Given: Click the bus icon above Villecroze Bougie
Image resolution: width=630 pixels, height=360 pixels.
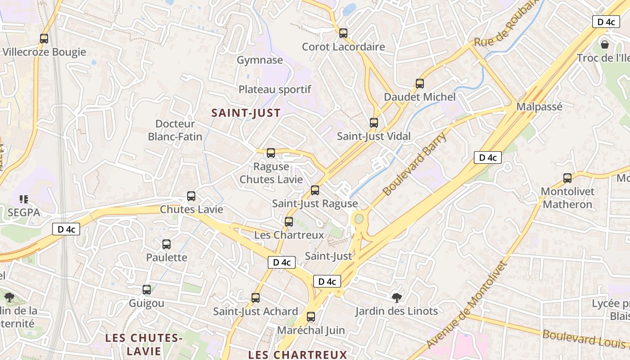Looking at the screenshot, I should point(44,39).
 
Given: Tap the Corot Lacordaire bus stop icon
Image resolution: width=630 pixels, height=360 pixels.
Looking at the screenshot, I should point(343,33).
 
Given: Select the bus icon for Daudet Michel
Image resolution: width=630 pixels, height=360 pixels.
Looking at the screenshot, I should point(420,84).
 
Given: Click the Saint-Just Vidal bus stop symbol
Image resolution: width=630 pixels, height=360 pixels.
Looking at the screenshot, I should point(373,123).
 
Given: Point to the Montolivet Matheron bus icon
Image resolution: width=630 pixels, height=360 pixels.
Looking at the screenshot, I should point(567,178).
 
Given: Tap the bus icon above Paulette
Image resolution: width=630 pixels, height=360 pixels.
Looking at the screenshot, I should point(166,244).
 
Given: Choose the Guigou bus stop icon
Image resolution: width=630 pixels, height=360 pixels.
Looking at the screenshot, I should point(147,290).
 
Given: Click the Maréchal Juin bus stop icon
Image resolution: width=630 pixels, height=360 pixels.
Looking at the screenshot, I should point(311,317).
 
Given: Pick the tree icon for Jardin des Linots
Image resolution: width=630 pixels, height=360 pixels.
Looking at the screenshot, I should point(396,297).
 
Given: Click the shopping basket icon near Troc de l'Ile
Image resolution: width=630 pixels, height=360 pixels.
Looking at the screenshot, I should point(605,45).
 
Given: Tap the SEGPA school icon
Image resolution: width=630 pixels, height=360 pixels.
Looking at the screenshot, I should point(24,199).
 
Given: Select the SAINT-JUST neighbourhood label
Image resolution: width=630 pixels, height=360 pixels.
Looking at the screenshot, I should point(246,113).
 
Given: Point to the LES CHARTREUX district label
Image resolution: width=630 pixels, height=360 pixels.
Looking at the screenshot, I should point(297,355).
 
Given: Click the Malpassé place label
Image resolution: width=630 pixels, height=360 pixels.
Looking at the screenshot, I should point(539,107).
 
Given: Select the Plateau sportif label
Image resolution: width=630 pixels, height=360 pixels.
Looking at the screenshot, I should point(274,90).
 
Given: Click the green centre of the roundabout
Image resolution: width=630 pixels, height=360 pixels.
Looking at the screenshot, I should point(359,219).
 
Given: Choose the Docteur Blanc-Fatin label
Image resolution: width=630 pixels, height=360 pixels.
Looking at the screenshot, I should point(175,130).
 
